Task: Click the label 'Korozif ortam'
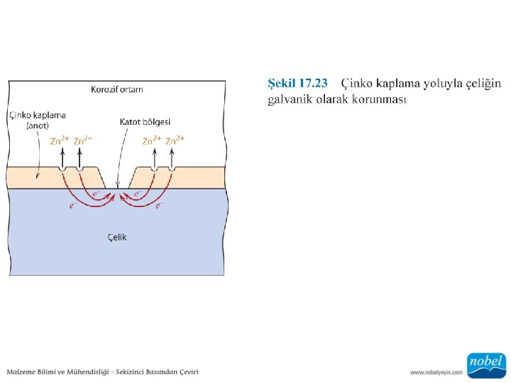116,89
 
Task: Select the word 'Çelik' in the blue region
117,237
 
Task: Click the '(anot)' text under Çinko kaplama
38,126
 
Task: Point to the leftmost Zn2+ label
60,140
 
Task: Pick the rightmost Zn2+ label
175,140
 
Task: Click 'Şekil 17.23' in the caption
297,84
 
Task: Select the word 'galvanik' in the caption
287,99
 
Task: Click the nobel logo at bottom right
486,363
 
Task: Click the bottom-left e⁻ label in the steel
72,206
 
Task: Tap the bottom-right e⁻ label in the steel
160,206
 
